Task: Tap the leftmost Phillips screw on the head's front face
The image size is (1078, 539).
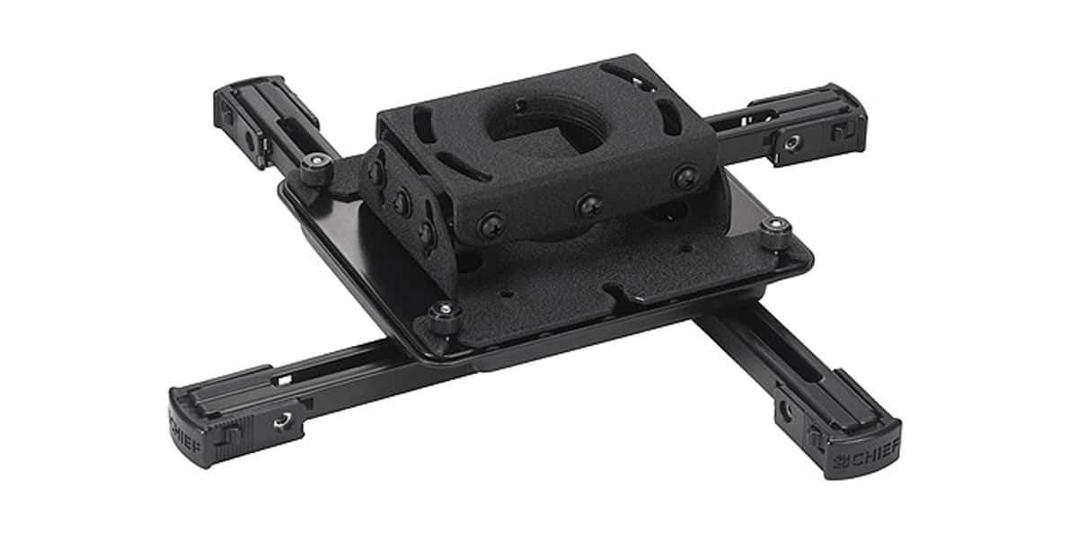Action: (x=491, y=225)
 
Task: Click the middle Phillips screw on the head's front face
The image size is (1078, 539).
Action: (x=589, y=206)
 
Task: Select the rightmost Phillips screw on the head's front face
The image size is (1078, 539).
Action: (x=685, y=178)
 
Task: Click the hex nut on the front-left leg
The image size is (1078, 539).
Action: (x=283, y=421)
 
